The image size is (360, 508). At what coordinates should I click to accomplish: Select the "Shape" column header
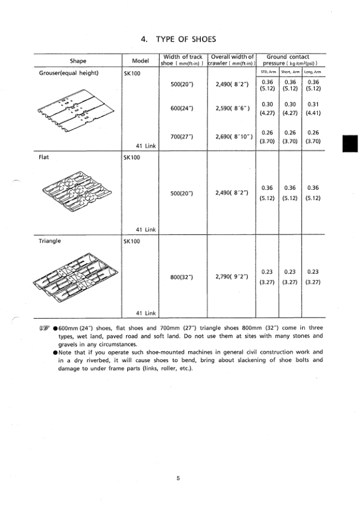pyautogui.click(x=78, y=61)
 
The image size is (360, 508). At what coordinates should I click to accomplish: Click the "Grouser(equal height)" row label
pyautogui.click(x=65, y=74)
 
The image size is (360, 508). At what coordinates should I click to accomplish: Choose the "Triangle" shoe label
pyautogui.click(x=51, y=240)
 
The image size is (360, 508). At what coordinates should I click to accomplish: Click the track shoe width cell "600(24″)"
pyautogui.click(x=182, y=108)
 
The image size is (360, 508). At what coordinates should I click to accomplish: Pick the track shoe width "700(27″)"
pyautogui.click(x=182, y=136)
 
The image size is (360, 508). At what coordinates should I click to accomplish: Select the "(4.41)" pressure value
pyautogui.click(x=313, y=112)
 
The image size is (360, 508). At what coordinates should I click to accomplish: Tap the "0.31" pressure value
pyautogui.click(x=313, y=104)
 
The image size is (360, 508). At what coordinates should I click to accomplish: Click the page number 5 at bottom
pyautogui.click(x=178, y=478)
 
